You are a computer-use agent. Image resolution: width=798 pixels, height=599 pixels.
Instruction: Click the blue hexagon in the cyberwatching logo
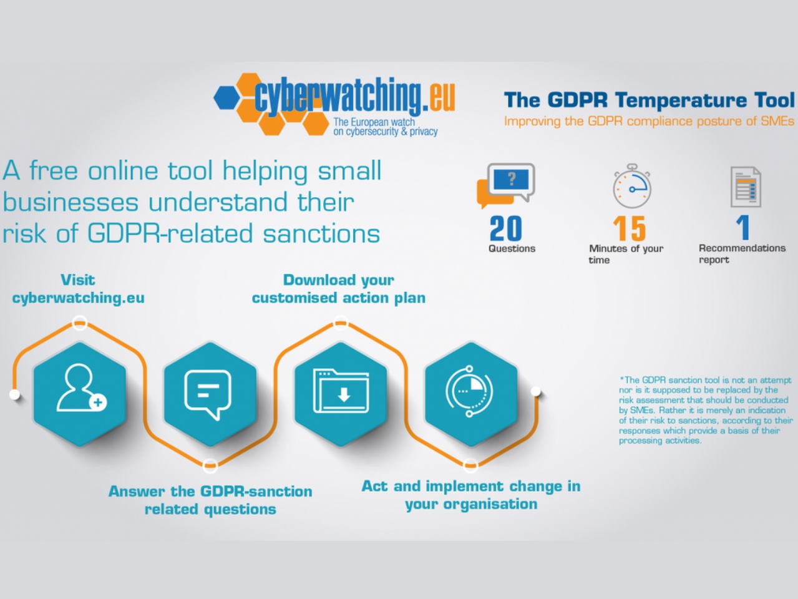[227, 97]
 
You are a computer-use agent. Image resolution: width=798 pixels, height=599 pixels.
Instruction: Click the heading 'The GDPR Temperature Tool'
[650, 100]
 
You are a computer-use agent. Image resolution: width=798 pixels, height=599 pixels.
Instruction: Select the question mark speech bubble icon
[506, 185]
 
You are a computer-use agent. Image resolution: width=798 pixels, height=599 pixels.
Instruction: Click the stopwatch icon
[632, 186]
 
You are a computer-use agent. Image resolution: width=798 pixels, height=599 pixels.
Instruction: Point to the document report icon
[746, 187]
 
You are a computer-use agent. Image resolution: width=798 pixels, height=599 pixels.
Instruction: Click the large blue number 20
[506, 228]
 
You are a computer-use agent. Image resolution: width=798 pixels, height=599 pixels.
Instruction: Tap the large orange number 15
[630, 228]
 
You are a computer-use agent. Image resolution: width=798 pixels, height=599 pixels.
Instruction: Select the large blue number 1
[743, 228]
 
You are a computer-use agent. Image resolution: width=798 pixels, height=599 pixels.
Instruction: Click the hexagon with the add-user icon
[80, 394]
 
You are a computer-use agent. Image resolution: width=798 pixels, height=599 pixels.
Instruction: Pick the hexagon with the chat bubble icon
[210, 394]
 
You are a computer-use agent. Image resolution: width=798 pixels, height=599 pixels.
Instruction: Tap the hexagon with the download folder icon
[341, 394]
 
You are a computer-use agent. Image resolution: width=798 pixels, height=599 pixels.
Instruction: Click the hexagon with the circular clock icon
[471, 394]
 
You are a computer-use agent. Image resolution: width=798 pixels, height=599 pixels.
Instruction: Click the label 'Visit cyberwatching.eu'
[78, 289]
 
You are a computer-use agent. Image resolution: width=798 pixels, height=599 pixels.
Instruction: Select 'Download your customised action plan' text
[338, 289]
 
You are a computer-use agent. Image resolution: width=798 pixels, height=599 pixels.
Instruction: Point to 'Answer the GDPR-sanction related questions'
[210, 500]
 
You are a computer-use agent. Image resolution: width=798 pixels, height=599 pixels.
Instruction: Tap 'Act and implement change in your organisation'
[471, 495]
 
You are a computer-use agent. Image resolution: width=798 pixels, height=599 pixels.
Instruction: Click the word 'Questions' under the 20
[512, 248]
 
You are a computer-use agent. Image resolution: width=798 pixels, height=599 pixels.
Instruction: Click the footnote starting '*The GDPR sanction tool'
[706, 410]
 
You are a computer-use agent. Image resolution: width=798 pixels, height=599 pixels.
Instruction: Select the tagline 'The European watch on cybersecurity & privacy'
[386, 127]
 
